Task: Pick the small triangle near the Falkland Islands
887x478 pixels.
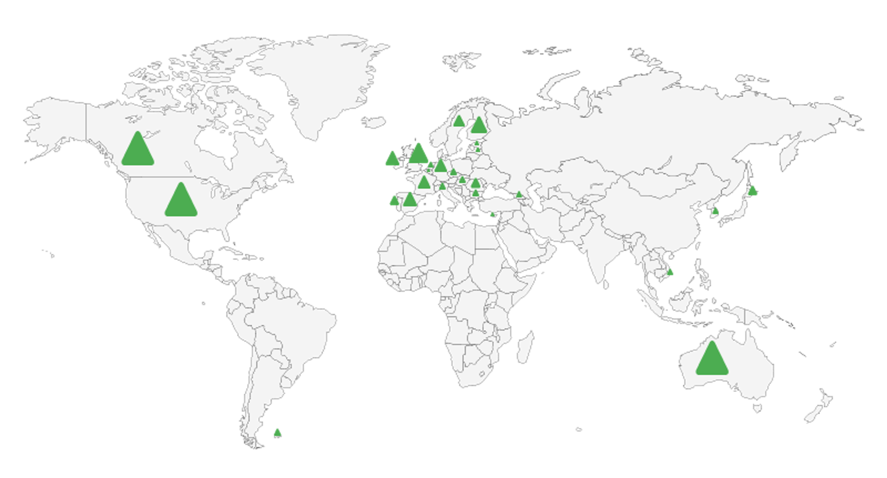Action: point(277,433)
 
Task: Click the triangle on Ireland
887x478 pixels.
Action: point(392,159)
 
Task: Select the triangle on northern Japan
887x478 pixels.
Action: point(753,190)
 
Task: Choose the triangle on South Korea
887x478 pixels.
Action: point(715,211)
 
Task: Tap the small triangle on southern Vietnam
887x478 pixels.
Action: point(670,272)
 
